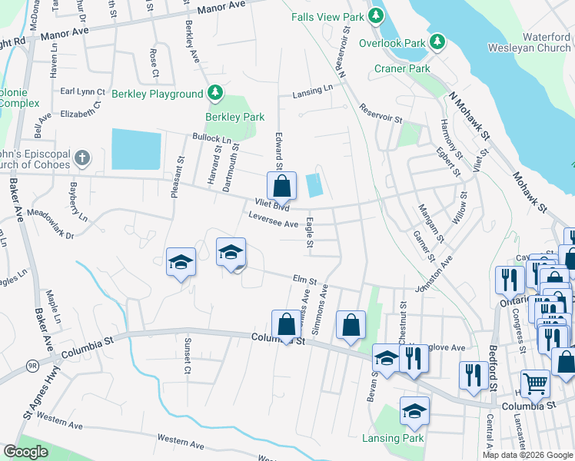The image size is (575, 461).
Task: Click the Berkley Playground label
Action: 157,95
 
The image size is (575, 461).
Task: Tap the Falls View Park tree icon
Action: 377,15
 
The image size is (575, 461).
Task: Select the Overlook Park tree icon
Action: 437,41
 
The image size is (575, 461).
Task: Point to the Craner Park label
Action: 402,68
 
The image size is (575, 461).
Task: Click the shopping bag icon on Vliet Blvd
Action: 282,185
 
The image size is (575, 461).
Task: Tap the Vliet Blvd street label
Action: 271,206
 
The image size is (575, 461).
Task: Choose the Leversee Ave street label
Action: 273,223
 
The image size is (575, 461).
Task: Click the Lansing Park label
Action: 392,438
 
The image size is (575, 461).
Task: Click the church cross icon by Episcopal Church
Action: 82,159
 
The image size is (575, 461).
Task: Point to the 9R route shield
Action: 32,366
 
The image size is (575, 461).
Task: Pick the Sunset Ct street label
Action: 187,355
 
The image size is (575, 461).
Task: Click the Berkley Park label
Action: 234,117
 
